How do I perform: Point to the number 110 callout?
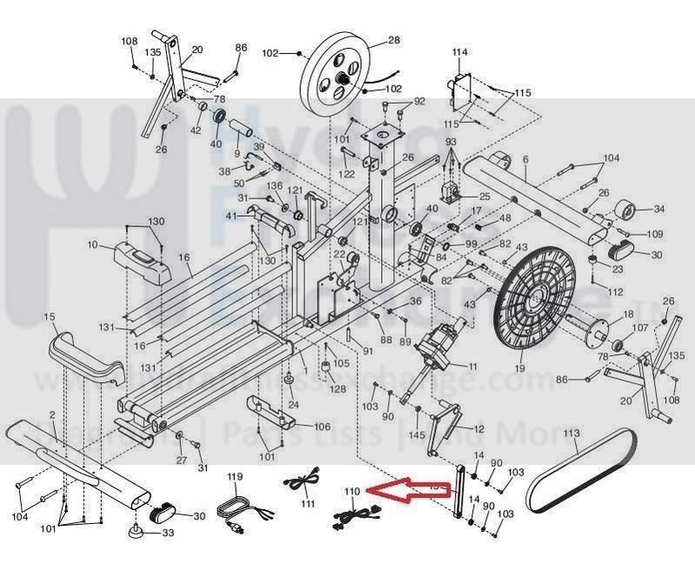tap(351, 493)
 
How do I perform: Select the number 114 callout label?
tap(460, 52)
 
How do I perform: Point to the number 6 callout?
tap(525, 158)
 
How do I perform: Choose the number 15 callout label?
tap(50, 316)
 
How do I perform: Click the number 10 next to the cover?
tap(93, 245)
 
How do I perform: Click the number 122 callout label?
tap(347, 174)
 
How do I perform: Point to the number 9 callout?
tap(237, 152)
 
